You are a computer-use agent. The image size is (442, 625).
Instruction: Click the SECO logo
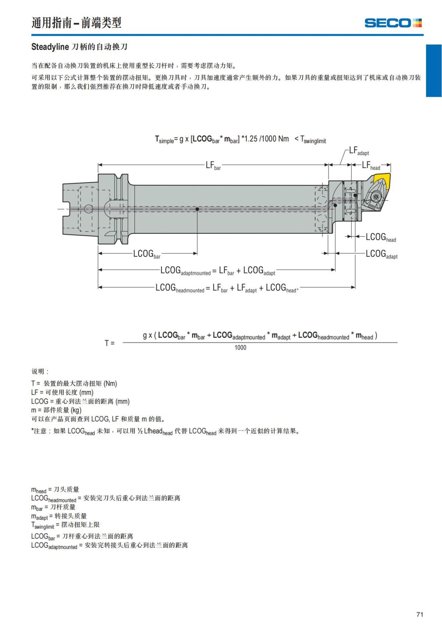click(393, 23)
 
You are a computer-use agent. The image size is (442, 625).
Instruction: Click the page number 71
click(420, 614)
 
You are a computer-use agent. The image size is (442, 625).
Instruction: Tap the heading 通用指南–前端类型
click(76, 23)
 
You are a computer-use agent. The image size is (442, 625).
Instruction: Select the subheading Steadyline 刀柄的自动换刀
click(79, 47)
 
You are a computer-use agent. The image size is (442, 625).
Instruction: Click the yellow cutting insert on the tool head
click(382, 180)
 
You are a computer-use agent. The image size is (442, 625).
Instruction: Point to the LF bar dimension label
click(213, 165)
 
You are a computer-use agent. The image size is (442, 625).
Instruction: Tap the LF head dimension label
click(371, 166)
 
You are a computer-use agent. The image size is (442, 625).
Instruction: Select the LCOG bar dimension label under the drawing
click(147, 254)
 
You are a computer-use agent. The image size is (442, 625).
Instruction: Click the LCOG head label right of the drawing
click(380, 238)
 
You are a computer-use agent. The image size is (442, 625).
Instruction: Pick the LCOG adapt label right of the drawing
click(381, 254)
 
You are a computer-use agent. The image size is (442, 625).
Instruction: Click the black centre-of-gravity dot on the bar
click(197, 209)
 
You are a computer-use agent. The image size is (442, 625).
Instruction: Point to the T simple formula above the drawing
click(240, 139)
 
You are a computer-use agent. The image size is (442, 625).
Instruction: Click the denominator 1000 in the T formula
click(240, 347)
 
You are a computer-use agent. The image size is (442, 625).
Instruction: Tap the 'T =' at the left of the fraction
click(109, 343)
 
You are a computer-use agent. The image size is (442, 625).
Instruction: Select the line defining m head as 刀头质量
click(55, 489)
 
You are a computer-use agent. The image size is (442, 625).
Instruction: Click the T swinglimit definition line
click(65, 525)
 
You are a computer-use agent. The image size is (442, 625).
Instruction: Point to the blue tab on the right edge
click(434, 70)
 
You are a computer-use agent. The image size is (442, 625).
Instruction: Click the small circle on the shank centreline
click(88, 209)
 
